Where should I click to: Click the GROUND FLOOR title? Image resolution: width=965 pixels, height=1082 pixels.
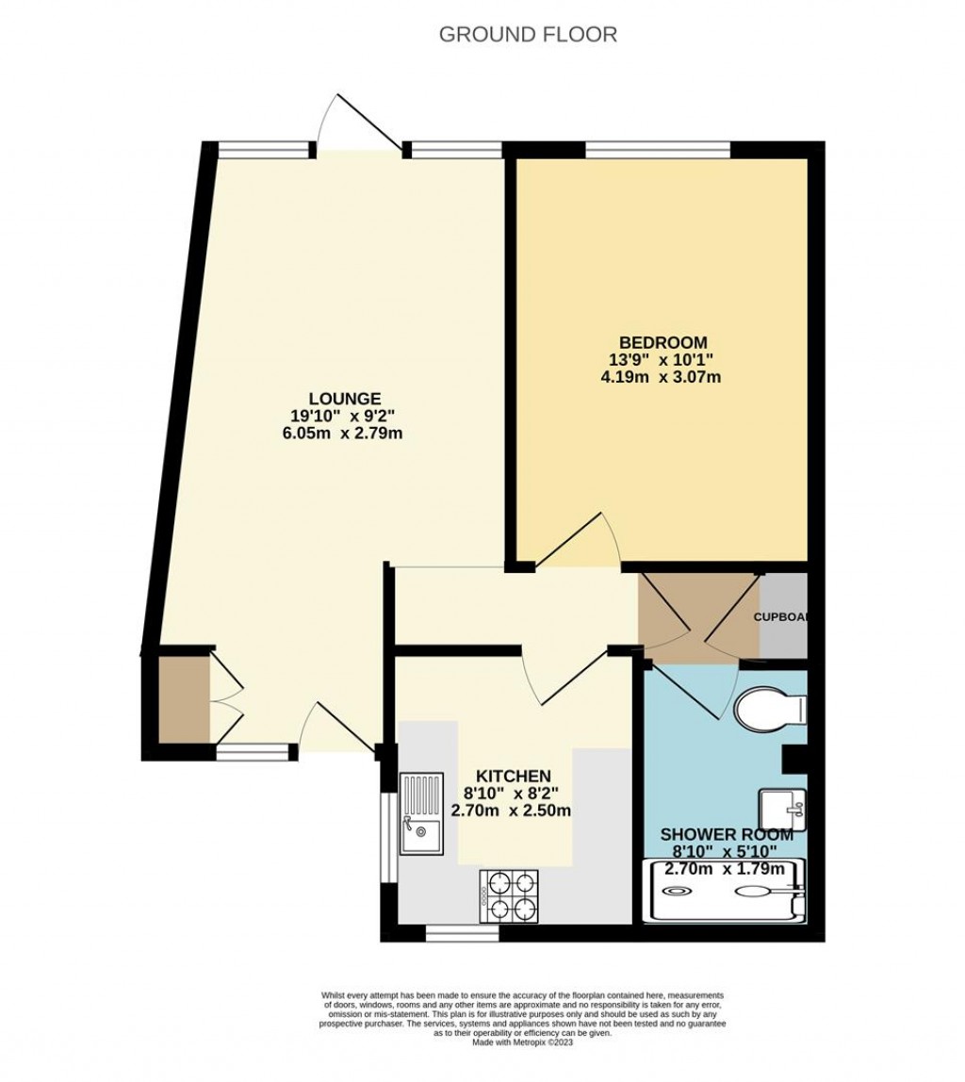528,35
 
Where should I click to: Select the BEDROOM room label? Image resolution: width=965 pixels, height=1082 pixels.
662,342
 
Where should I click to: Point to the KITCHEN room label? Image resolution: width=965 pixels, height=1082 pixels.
513,776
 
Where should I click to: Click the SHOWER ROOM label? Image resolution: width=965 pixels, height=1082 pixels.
727,834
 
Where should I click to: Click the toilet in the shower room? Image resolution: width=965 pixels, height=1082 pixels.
771,709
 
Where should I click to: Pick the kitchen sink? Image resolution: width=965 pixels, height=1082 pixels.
420,812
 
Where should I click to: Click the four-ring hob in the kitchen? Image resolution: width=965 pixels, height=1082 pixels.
509,895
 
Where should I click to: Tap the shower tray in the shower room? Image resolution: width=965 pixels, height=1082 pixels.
724,890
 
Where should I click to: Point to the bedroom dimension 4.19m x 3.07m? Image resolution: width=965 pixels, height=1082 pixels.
662,378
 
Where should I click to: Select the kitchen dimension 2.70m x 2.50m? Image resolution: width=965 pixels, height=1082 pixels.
512,811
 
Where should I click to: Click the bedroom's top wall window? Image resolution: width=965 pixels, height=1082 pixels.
658,148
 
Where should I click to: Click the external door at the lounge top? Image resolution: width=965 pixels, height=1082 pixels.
358,127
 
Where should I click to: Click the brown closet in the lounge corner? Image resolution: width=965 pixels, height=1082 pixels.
184,698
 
